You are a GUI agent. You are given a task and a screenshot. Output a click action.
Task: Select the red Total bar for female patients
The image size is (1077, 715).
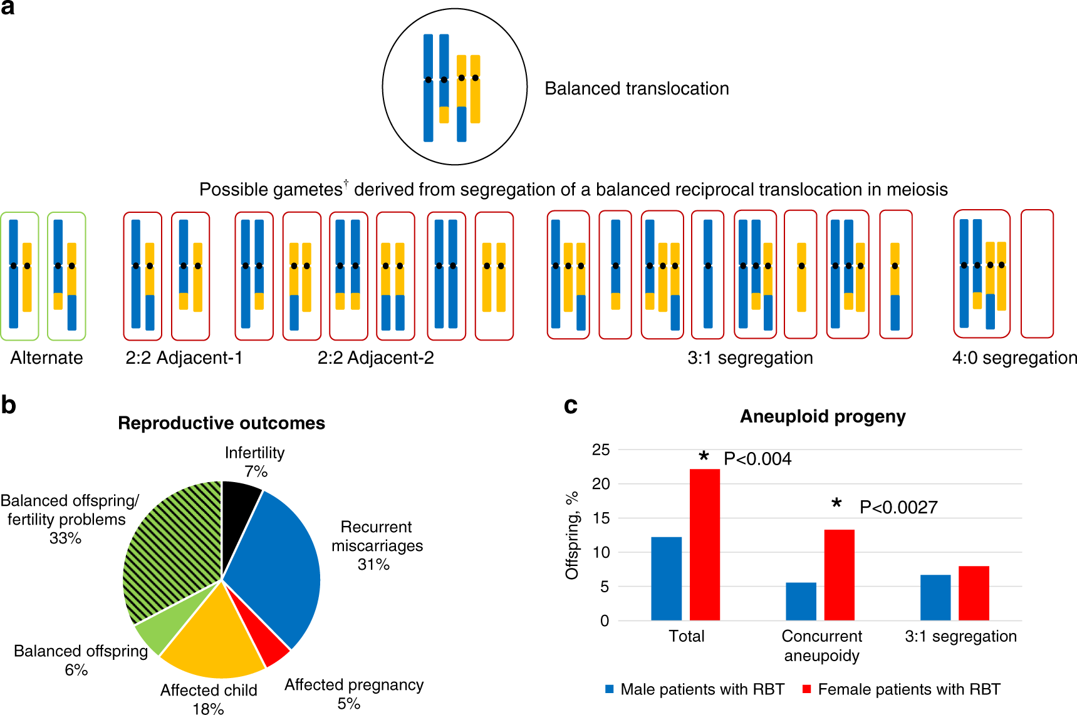(x=704, y=545)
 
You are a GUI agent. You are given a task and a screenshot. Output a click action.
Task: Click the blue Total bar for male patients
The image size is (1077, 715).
(x=666, y=579)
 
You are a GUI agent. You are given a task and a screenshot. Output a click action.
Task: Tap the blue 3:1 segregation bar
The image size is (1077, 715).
(x=935, y=597)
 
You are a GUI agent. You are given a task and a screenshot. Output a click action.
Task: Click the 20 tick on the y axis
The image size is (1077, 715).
(x=600, y=484)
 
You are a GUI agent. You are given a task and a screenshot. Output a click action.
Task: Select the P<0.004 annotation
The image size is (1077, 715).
(x=757, y=459)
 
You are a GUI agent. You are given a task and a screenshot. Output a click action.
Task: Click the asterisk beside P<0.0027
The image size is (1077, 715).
(x=836, y=504)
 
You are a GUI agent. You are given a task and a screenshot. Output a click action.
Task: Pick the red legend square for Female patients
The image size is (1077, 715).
(x=806, y=689)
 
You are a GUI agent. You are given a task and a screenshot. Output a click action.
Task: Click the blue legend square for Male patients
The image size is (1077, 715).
(x=609, y=689)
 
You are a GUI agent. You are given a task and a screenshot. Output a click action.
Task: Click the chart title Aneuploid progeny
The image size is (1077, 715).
(x=823, y=416)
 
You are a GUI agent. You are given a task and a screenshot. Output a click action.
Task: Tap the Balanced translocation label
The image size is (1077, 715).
(x=637, y=88)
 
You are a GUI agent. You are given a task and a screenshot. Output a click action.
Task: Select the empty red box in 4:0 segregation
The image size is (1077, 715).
(x=1037, y=274)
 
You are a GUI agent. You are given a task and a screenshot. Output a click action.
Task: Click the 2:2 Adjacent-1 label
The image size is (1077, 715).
(x=184, y=357)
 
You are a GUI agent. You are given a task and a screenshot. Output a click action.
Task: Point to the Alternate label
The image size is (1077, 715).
(x=46, y=357)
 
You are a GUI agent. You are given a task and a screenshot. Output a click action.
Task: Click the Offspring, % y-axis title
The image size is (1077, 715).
(x=571, y=535)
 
